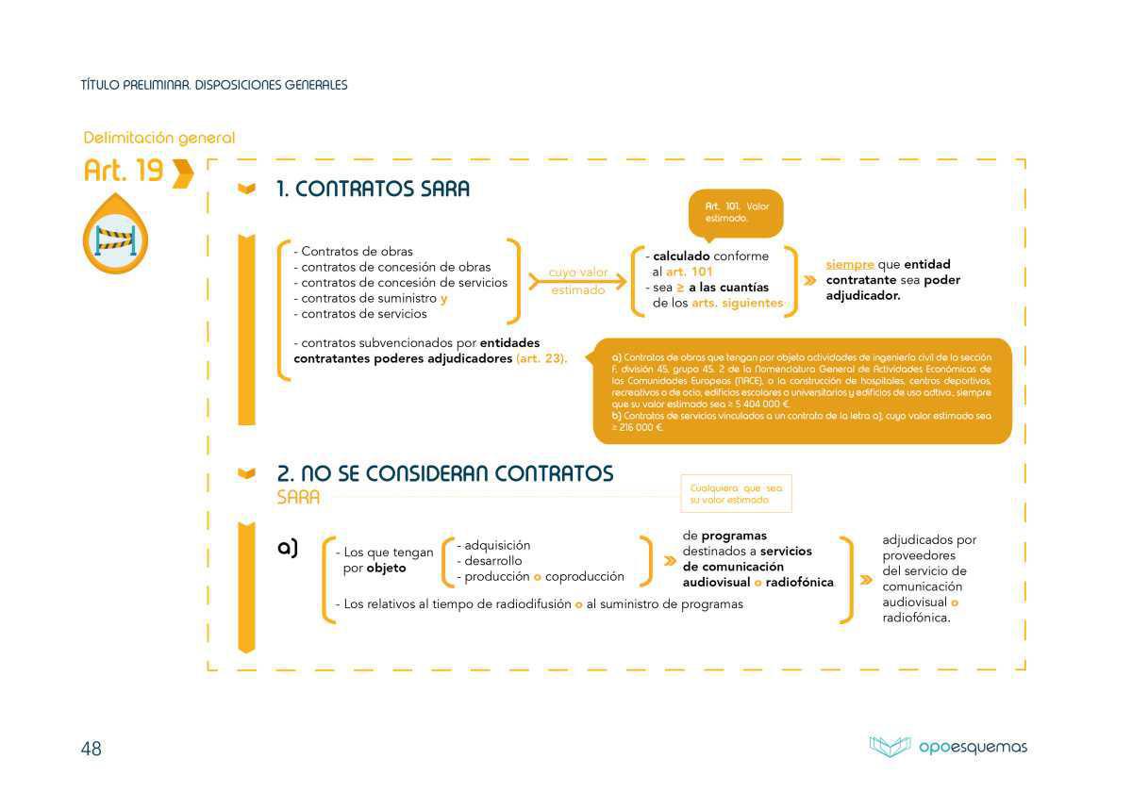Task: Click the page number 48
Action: click(91, 749)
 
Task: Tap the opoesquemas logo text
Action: click(973, 748)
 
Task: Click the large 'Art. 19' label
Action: click(124, 171)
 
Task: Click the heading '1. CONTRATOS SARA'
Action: click(373, 189)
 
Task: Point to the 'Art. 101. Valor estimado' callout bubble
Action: click(737, 212)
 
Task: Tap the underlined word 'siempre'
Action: click(849, 265)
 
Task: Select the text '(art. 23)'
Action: click(541, 359)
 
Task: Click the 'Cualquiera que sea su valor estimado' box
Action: click(736, 494)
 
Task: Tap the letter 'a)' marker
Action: click(288, 548)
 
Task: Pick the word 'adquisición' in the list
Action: click(497, 545)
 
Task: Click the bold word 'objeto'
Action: click(386, 569)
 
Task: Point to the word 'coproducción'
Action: click(585, 576)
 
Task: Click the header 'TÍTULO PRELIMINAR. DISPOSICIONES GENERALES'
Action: click(214, 85)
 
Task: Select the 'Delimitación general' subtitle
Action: click(159, 139)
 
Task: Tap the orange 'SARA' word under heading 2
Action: click(298, 497)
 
